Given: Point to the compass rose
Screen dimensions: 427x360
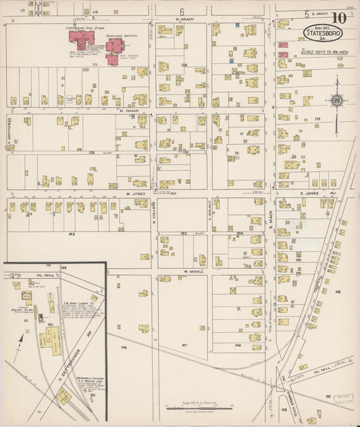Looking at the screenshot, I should point(336,101).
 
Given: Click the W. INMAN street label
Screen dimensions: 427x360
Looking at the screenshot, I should point(128,109).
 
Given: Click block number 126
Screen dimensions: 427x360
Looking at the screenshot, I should point(184,65).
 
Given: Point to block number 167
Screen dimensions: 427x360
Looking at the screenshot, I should point(184,345).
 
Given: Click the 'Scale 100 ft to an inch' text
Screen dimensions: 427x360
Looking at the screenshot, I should point(322,52).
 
